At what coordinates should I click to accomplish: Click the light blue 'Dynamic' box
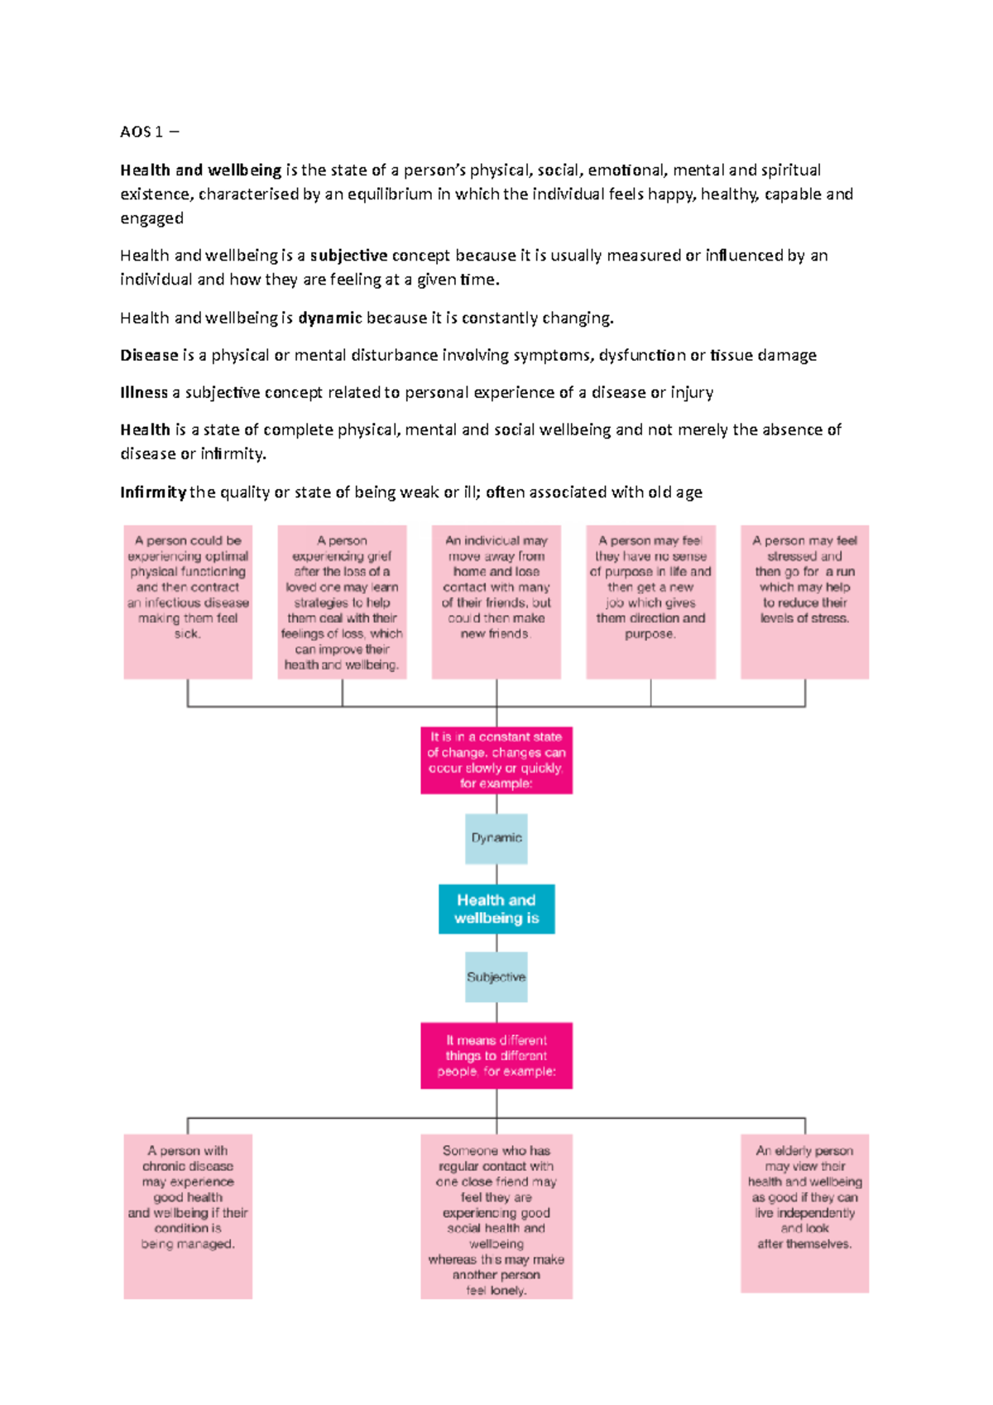click(496, 838)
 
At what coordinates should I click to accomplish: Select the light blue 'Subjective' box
click(496, 977)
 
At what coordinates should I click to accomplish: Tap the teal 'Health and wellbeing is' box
click(496, 909)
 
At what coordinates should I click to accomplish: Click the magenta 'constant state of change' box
click(496, 760)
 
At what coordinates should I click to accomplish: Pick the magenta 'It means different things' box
click(496, 1056)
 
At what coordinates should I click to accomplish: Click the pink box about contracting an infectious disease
click(188, 602)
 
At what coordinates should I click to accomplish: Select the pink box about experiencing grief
click(342, 602)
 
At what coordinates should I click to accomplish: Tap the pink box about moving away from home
click(496, 602)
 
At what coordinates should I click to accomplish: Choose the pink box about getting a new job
click(650, 602)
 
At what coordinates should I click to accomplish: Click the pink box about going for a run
click(805, 602)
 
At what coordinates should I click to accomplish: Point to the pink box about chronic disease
click(188, 1216)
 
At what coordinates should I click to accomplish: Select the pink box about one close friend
click(496, 1216)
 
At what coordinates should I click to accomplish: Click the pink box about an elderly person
click(805, 1212)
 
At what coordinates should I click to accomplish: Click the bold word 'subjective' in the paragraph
click(348, 256)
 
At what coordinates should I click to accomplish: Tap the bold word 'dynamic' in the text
click(330, 318)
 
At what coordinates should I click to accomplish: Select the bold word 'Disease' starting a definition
click(149, 355)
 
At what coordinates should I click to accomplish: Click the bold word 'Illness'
click(144, 392)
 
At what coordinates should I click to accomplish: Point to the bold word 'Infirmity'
click(153, 492)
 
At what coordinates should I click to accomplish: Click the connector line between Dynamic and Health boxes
click(496, 875)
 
